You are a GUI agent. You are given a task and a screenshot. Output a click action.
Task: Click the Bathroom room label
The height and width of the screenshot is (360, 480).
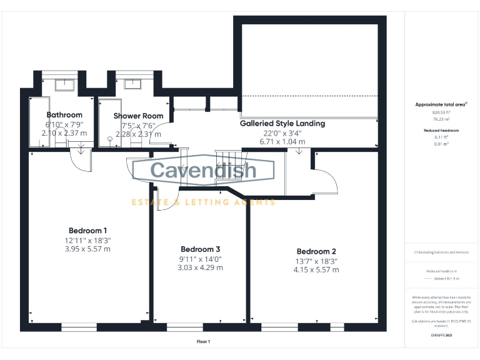point(64,115)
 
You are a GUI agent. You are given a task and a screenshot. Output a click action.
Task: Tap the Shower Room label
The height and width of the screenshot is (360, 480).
point(138,116)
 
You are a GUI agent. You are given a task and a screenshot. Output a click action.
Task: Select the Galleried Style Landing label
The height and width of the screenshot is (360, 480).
point(282,124)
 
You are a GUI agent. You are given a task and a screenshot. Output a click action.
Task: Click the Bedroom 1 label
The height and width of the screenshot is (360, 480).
point(87,230)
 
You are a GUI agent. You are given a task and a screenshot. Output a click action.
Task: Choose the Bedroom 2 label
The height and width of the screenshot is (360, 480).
point(316,251)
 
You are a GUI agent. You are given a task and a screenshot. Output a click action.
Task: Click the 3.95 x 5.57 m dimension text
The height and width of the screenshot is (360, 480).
point(87,249)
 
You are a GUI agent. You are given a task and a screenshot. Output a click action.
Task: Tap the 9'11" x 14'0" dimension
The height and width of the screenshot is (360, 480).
point(200,258)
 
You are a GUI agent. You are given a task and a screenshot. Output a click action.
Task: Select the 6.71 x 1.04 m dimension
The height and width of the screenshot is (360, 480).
point(282,142)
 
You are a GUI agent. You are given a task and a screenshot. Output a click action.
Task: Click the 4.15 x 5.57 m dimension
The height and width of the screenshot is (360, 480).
point(316,270)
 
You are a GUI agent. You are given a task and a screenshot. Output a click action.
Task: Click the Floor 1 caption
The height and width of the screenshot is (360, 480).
point(203,342)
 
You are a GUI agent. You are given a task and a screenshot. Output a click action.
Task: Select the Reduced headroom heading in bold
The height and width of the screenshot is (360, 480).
point(441,131)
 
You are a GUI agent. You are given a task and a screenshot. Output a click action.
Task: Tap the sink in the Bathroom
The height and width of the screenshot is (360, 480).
point(64,85)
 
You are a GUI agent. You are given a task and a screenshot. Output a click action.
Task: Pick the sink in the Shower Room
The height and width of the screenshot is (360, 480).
point(133,85)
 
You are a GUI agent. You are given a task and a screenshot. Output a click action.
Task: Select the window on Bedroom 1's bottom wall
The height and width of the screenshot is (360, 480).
point(79,326)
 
